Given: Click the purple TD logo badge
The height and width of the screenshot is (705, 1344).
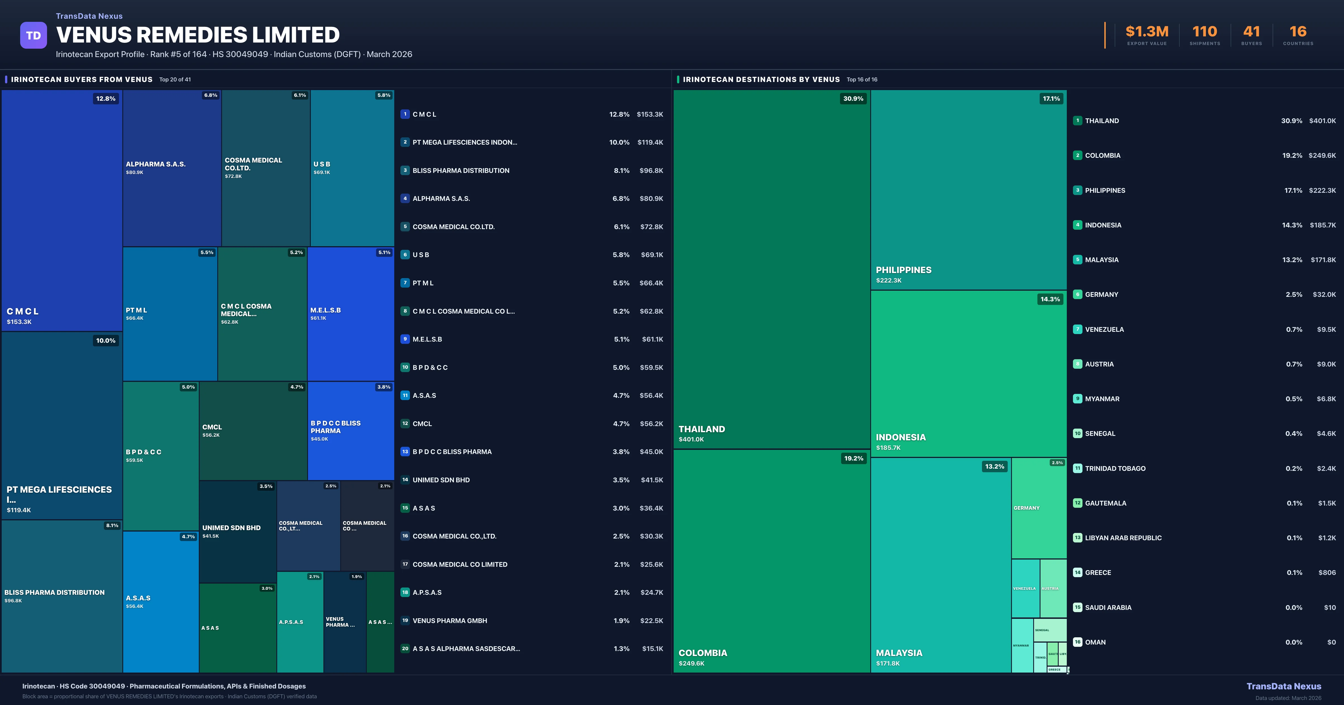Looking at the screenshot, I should (x=33, y=36).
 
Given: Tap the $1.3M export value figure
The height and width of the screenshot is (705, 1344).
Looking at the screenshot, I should (x=1147, y=32).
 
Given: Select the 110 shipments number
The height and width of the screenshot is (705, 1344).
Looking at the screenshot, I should (x=1205, y=32).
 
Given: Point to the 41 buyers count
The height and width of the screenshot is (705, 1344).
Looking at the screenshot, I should (x=1251, y=32).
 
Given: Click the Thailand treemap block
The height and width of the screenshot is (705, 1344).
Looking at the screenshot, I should (x=771, y=269).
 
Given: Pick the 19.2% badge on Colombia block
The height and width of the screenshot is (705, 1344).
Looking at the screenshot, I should (x=853, y=458).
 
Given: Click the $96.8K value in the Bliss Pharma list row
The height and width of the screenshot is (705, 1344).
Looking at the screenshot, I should (x=651, y=170).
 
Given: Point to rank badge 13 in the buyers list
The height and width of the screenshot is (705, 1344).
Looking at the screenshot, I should (x=405, y=452).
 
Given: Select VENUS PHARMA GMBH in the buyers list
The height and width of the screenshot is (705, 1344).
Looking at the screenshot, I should (x=450, y=621).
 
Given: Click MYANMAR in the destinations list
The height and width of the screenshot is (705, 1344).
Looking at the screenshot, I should (x=1102, y=399).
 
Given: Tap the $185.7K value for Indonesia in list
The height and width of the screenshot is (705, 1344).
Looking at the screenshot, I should (x=1323, y=225).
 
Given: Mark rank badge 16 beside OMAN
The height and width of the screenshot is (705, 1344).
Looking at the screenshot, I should (x=1077, y=642).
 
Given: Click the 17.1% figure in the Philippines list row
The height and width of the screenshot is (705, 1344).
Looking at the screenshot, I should (x=1293, y=190).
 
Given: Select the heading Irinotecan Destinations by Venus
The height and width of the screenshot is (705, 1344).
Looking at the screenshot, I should (x=761, y=79).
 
